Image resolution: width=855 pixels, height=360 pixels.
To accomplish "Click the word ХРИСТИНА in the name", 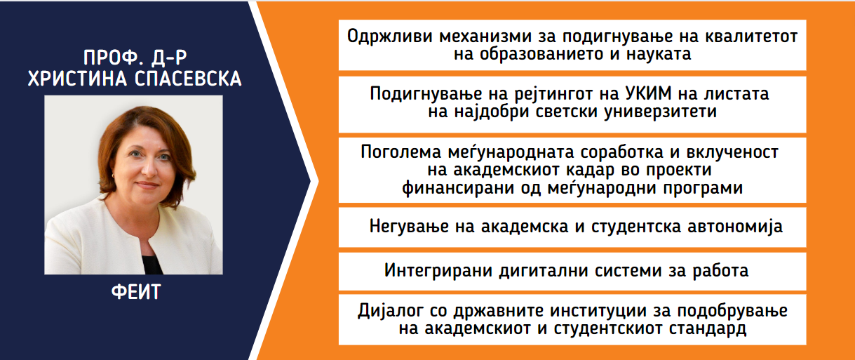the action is tap(77, 79).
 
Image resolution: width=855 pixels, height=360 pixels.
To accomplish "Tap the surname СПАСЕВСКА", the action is tap(188, 79).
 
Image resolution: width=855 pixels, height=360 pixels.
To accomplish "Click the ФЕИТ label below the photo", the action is tap(136, 292).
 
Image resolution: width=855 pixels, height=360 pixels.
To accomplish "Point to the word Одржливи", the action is tap(390, 36).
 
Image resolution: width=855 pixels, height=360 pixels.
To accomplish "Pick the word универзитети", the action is tap(660, 112).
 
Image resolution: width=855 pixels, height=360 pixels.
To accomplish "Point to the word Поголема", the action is tap(400, 152).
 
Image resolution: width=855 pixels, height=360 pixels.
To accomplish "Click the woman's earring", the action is tap(113, 175).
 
